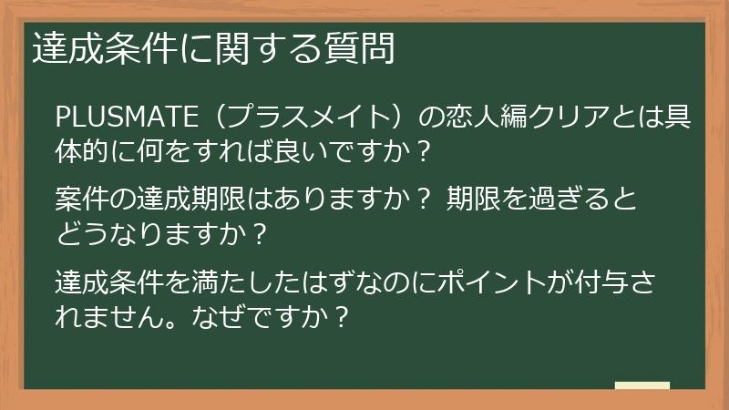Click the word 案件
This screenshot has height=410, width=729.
click(81, 197)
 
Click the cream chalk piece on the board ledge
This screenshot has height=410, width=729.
click(642, 385)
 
